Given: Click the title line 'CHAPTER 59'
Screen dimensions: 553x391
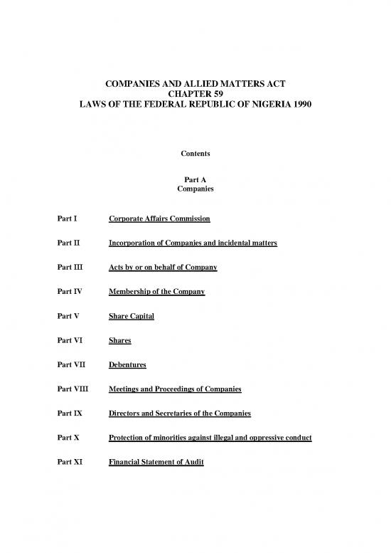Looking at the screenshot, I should [x=195, y=92].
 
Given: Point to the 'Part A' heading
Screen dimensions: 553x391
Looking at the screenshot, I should [x=195, y=180].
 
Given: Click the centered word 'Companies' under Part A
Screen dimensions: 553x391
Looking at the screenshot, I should [x=195, y=190].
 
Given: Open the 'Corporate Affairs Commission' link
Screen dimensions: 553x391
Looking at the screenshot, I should [x=159, y=217].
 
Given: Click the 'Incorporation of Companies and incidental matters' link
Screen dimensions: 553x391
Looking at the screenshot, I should [x=192, y=243].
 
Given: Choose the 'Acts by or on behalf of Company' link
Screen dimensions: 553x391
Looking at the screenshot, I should [x=162, y=268].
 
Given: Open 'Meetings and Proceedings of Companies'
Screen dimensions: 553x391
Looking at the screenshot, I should [x=174, y=389].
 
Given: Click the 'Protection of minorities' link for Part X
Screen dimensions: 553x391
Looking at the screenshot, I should [x=210, y=438].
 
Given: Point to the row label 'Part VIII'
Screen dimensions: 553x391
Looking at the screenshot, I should [x=70, y=389].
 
